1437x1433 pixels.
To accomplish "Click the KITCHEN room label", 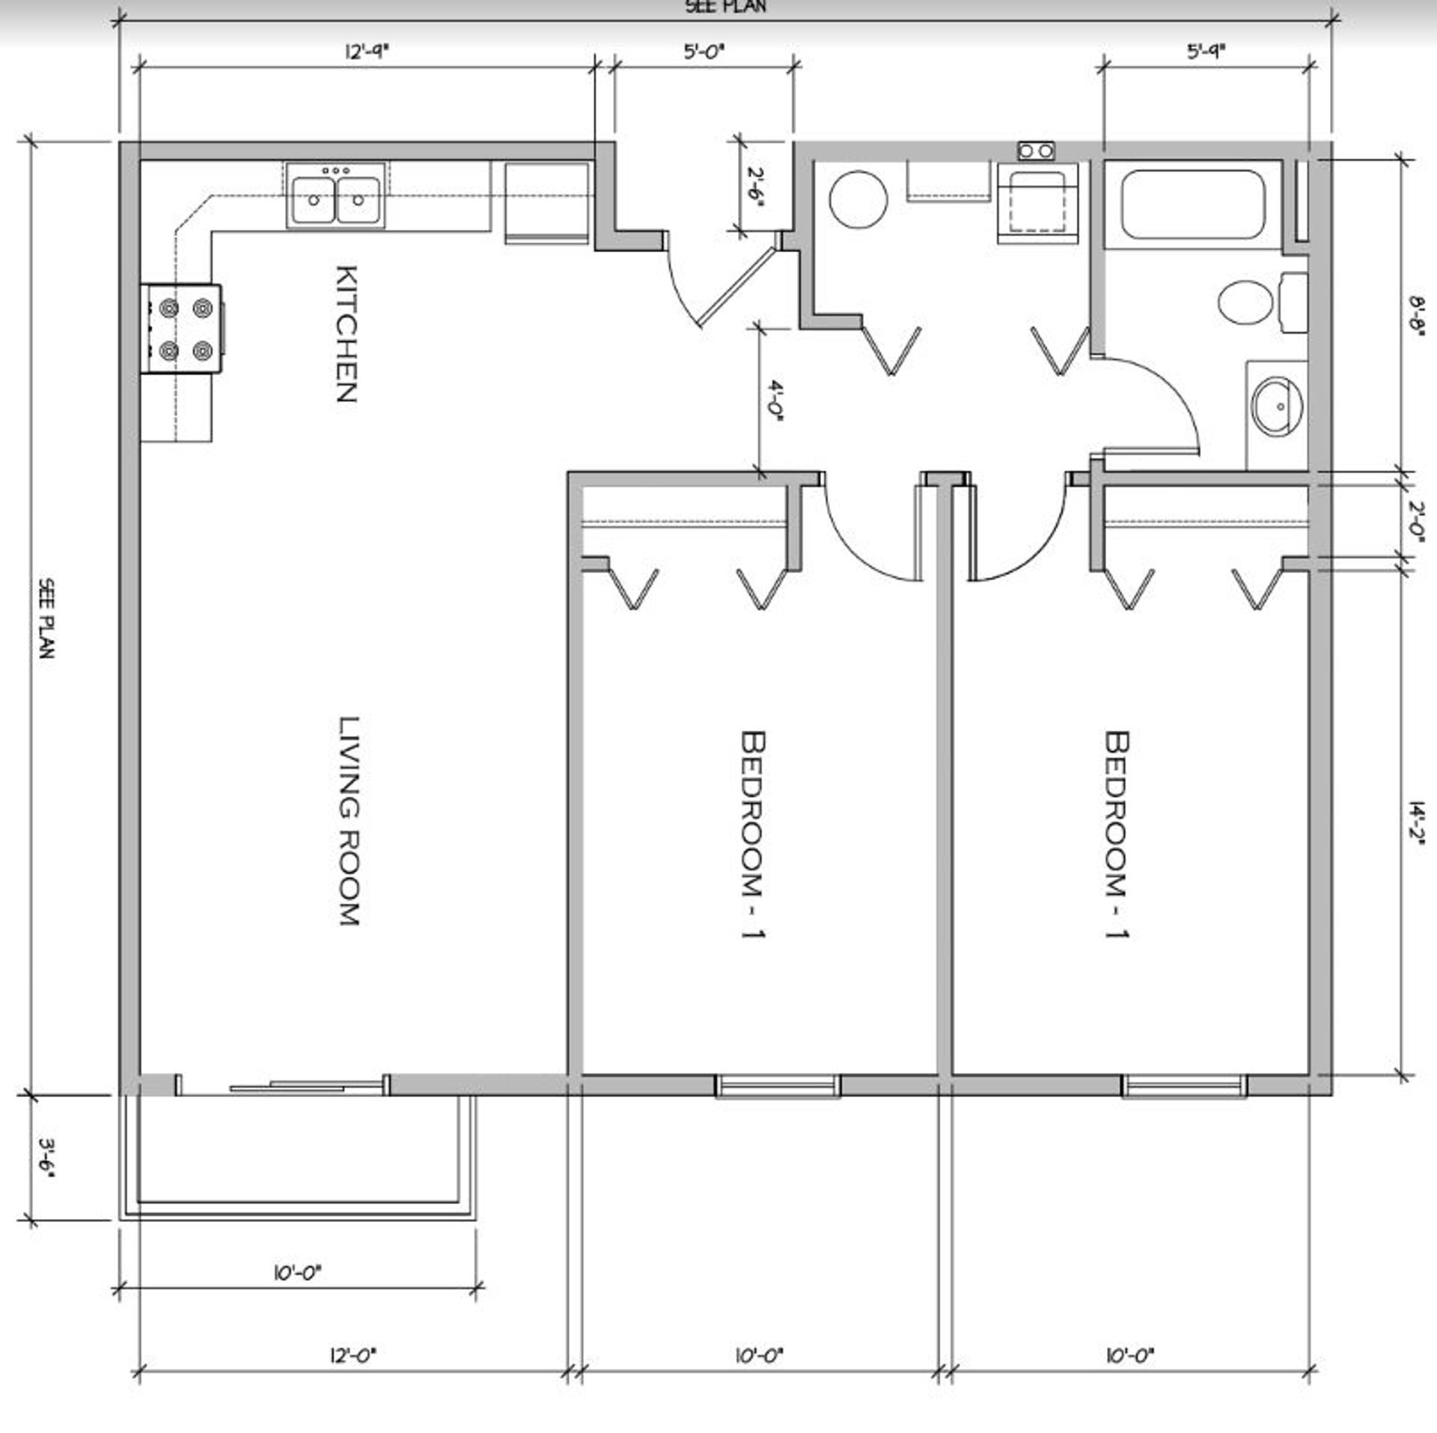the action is [345, 334].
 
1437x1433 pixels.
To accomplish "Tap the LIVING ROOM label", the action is [350, 821].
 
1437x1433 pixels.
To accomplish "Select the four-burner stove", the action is [182, 329].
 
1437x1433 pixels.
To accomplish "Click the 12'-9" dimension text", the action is [367, 52].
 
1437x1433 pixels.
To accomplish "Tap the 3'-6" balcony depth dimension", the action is [47, 1159].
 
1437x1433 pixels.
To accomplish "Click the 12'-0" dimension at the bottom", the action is [353, 1375].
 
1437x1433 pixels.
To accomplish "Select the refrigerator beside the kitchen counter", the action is [547, 203].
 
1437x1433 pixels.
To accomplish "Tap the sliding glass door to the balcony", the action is [283, 1084].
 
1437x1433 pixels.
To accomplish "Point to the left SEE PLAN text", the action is [46, 618].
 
